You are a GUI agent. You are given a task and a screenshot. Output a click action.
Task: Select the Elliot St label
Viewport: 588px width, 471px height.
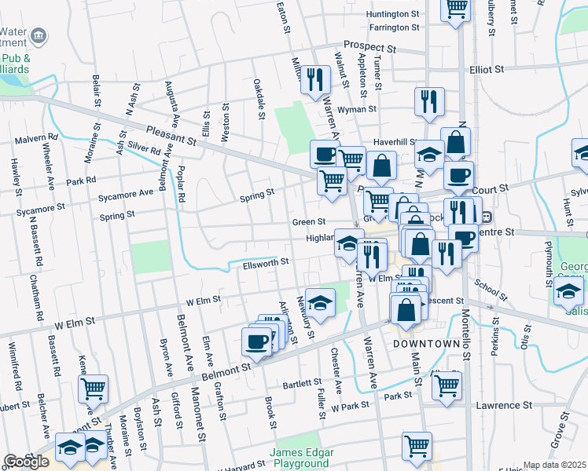(487, 69)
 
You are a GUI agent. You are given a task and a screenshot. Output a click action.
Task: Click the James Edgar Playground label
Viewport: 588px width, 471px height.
(302, 458)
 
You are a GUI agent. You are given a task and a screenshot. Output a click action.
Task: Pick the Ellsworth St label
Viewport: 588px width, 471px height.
(264, 262)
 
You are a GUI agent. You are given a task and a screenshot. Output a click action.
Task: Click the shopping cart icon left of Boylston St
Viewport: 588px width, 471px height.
(94, 387)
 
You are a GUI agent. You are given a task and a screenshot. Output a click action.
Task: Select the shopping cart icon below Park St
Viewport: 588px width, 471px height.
(417, 445)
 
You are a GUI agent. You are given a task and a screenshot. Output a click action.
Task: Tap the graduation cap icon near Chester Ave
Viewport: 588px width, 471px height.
(320, 301)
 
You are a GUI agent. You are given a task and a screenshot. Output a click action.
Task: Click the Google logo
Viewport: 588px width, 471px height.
(26, 462)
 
